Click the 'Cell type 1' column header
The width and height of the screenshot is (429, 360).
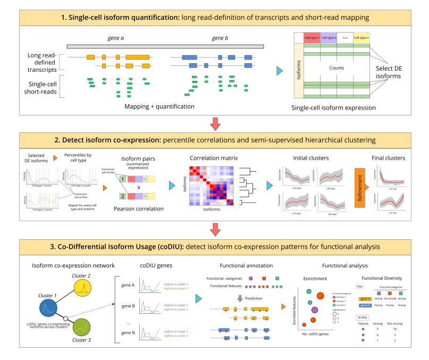click(x=312, y=38)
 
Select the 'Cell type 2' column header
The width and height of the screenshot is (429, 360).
click(x=329, y=38)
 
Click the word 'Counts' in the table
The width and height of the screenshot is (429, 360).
click(x=337, y=68)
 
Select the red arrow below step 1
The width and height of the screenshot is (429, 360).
click(x=215, y=124)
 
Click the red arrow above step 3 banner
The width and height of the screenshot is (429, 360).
click(x=215, y=230)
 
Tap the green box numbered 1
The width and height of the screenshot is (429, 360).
click(x=123, y=180)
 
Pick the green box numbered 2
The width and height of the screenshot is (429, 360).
click(x=123, y=196)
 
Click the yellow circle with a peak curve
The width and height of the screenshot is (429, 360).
click(x=82, y=288)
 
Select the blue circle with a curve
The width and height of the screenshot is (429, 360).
click(x=48, y=307)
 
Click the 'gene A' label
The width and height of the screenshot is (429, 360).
click(x=365, y=299)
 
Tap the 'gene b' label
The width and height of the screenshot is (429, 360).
click(x=365, y=305)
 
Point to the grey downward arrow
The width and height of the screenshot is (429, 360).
click(x=240, y=298)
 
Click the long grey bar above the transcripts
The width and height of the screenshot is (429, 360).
click(x=165, y=47)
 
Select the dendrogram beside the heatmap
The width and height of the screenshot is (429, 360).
click(x=248, y=186)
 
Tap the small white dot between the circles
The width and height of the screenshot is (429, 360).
click(x=65, y=319)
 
